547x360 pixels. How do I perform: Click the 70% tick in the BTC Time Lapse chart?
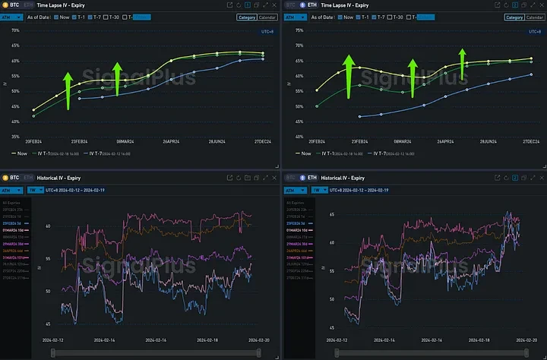coord(14,30)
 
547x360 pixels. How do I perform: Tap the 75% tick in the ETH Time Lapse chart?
coord(299,30)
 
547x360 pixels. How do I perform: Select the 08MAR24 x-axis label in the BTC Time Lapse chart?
coord(125,141)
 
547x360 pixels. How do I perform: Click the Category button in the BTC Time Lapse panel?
coord(245,16)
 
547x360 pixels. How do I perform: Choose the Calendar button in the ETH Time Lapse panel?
coord(533,16)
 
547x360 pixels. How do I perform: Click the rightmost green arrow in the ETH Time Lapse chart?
coord(462,59)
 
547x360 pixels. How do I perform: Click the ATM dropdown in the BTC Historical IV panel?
coord(11,190)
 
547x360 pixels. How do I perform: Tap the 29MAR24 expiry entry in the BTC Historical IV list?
coord(15,243)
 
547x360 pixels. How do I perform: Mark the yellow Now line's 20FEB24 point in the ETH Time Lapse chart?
coord(317,90)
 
